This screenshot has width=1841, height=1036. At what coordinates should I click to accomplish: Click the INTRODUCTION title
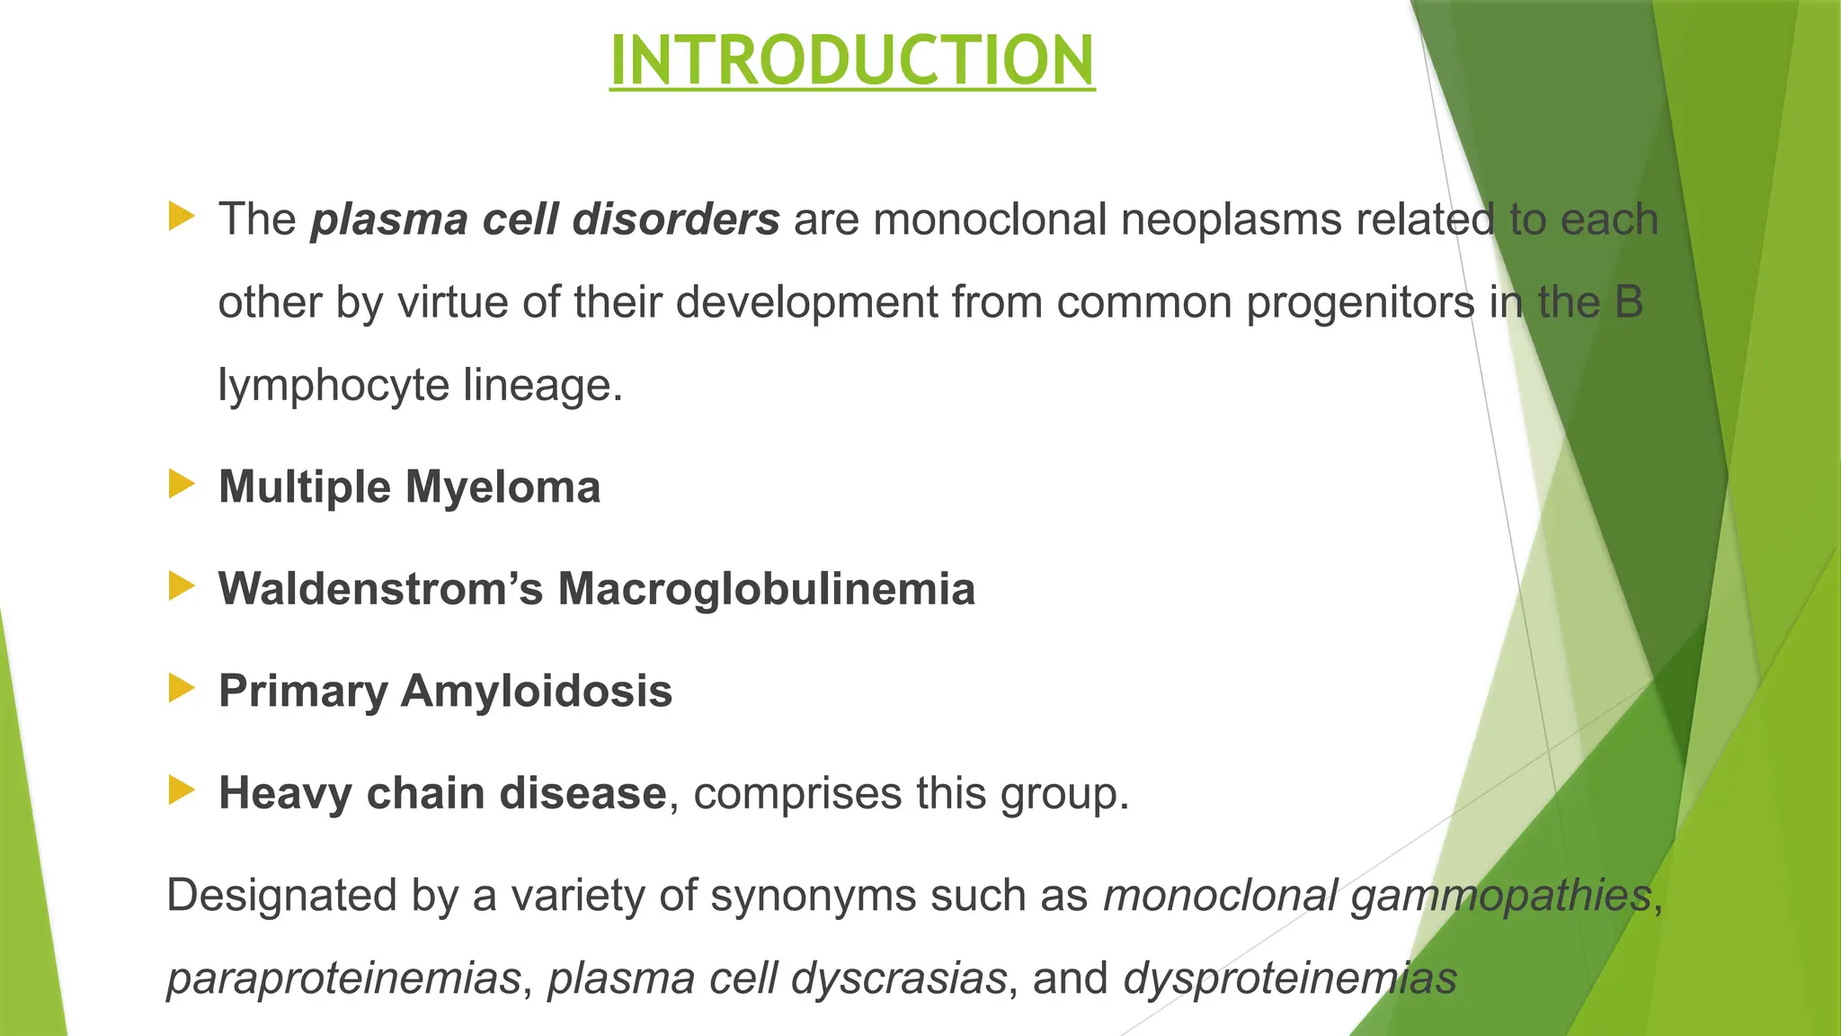point(852,60)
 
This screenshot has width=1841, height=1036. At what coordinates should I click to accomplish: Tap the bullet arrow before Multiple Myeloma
point(182,485)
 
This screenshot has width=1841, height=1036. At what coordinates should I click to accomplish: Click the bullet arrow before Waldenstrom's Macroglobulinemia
point(182,587)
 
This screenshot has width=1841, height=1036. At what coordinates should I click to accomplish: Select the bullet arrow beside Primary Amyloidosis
point(182,689)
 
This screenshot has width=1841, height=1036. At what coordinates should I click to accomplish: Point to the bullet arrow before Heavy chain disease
point(182,791)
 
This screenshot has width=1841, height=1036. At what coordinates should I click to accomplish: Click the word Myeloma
point(502,488)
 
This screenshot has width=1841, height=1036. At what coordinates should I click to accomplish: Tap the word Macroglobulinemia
point(766,590)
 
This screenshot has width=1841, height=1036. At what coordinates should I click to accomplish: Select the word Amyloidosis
point(537,692)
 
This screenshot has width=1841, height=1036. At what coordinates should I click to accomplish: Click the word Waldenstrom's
point(381,590)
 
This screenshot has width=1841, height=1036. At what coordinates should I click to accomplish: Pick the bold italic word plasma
point(389,220)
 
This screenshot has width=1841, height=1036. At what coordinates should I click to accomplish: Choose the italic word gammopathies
point(1501,896)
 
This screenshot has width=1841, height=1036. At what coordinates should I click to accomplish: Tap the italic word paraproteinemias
point(343,978)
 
